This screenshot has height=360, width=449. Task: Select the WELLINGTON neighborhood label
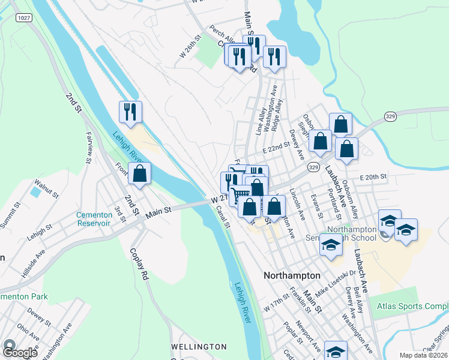pos(199,347)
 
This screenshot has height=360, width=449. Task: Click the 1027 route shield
pos(24,19)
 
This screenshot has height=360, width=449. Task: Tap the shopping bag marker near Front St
pos(139,175)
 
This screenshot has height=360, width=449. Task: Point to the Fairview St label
pos(89,147)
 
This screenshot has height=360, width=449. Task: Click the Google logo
pos(20,352)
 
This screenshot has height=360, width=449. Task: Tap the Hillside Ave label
pos(34,263)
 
